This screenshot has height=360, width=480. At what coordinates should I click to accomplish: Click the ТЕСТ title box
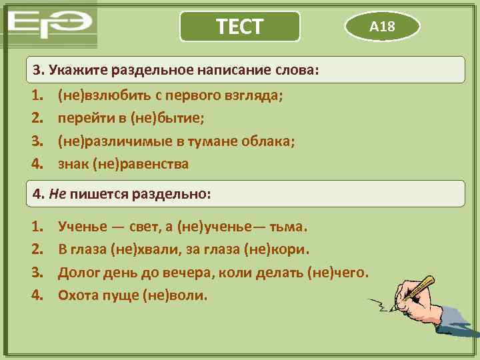240,27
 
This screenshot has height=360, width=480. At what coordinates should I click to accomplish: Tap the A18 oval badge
382,27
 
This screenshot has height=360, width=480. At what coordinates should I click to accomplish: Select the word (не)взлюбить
100,95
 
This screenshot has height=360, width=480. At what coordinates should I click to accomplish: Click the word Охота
78,295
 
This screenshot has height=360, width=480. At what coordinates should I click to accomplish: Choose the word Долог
78,272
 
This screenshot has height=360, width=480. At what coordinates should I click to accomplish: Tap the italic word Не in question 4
57,194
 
